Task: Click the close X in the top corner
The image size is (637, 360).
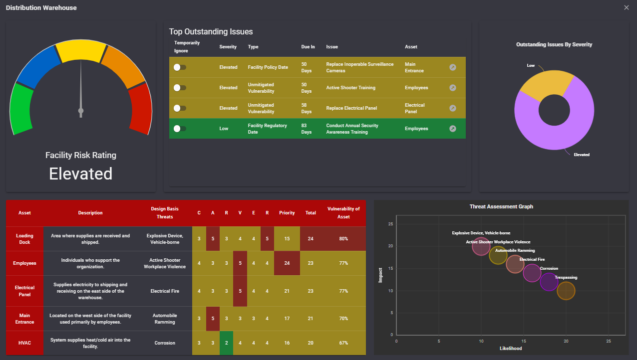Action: click(x=626, y=7)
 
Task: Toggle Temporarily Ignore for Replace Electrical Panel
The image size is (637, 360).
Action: click(x=180, y=108)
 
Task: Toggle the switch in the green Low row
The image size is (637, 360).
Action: click(x=180, y=129)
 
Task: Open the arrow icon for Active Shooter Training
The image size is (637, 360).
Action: click(x=453, y=88)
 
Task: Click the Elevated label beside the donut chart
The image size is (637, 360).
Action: click(x=582, y=155)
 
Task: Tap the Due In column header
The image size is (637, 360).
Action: click(x=308, y=47)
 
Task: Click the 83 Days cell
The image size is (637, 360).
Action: click(x=307, y=129)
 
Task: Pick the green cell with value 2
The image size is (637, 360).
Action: click(x=226, y=343)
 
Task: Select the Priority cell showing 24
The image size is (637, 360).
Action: click(x=287, y=263)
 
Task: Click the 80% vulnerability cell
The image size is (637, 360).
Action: click(x=343, y=239)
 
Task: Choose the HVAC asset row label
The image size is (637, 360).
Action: click(x=25, y=343)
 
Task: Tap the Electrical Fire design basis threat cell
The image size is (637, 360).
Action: click(x=165, y=291)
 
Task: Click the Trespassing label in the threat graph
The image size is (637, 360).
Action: click(x=566, y=278)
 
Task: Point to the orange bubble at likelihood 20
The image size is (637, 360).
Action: click(x=566, y=291)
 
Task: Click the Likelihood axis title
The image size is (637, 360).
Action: click(x=511, y=349)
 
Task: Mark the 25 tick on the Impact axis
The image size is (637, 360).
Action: click(x=391, y=224)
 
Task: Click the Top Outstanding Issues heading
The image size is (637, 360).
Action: click(x=211, y=31)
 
